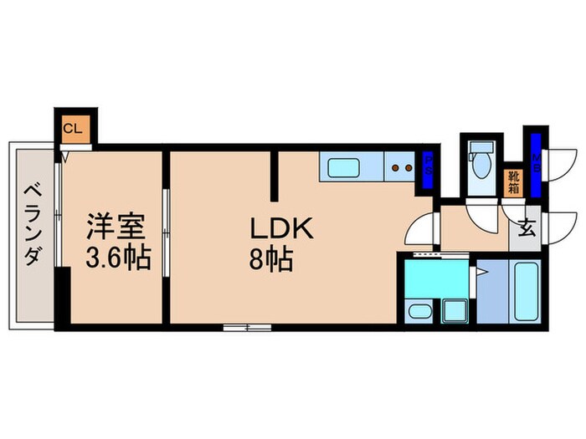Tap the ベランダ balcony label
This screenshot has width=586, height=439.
click(x=30, y=223)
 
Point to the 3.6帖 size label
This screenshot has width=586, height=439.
click(x=118, y=258)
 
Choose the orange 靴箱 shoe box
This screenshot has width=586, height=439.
click(x=512, y=183)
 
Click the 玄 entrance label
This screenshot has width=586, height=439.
click(x=527, y=227)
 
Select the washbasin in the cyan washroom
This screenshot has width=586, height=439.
click(x=419, y=313)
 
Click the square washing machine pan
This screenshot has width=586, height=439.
click(x=455, y=311)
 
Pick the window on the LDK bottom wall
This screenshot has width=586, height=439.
click(x=248, y=328)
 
